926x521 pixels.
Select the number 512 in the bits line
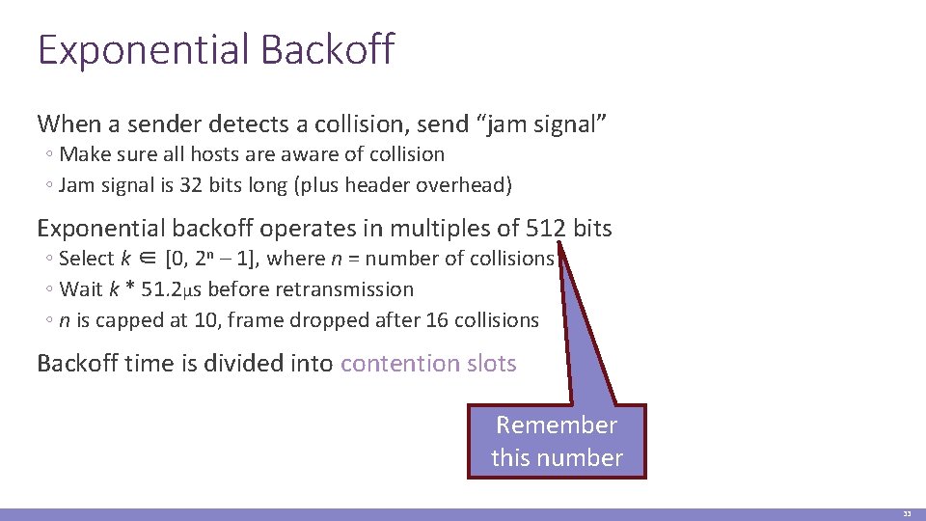548,228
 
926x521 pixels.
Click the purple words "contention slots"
428,363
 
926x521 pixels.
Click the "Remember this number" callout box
557,441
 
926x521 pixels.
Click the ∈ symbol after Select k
150,259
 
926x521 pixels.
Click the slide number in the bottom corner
907,514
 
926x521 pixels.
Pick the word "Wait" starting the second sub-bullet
80,289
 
